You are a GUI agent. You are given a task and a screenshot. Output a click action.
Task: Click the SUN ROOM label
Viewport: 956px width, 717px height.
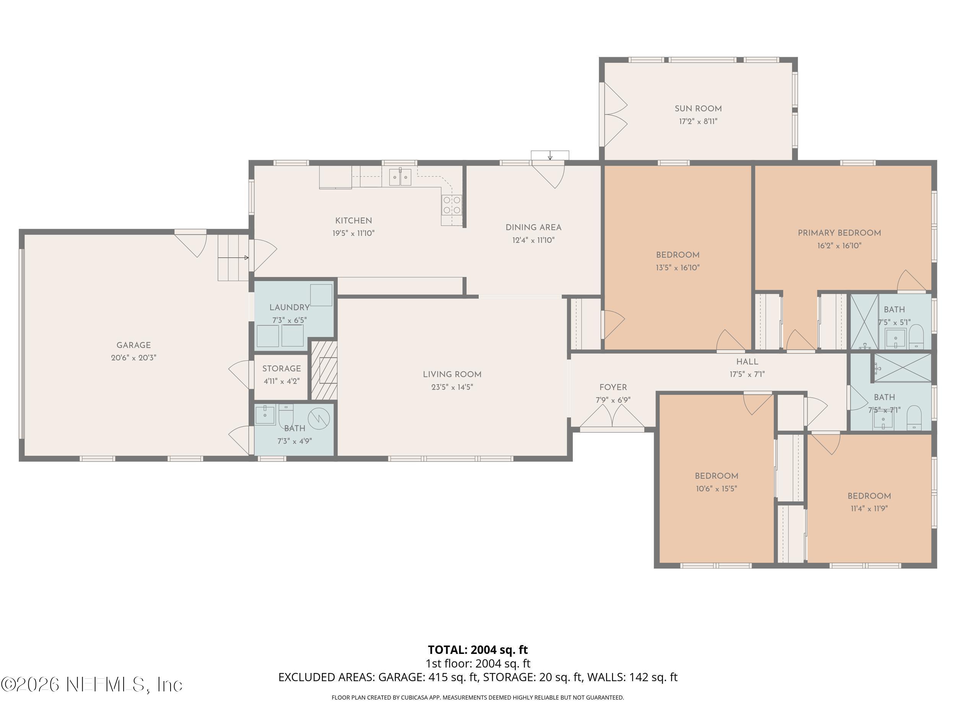pyautogui.click(x=698, y=109)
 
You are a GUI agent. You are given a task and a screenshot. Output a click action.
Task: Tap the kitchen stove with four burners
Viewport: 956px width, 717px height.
pyautogui.click(x=452, y=205)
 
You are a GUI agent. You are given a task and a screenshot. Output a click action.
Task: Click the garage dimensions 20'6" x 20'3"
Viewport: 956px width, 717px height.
pyautogui.click(x=133, y=358)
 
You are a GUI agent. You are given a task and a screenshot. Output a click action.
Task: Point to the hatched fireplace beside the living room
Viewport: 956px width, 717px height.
pyautogui.click(x=325, y=371)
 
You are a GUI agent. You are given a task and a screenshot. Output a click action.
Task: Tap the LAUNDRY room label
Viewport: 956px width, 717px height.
pyautogui.click(x=289, y=307)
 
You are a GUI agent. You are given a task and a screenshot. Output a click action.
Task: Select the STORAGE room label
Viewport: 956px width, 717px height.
pyautogui.click(x=281, y=369)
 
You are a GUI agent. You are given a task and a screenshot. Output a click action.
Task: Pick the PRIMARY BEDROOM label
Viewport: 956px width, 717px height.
pyautogui.click(x=839, y=233)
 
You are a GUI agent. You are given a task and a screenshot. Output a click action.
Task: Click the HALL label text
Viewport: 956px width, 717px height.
pyautogui.click(x=747, y=362)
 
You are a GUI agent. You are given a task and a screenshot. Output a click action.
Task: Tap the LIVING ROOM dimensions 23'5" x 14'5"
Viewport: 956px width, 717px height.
pyautogui.click(x=452, y=387)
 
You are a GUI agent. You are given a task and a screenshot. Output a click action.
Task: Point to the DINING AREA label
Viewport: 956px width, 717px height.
pyautogui.click(x=533, y=227)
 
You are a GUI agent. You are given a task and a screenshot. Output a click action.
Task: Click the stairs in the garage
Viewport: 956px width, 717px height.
pyautogui.click(x=233, y=258)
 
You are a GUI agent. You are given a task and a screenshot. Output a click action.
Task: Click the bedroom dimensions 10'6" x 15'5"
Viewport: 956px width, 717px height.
pyautogui.click(x=716, y=489)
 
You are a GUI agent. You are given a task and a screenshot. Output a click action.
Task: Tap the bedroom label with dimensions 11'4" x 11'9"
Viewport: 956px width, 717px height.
pyautogui.click(x=869, y=496)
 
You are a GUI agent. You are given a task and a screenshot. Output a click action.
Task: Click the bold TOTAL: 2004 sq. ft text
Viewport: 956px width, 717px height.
pyautogui.click(x=478, y=650)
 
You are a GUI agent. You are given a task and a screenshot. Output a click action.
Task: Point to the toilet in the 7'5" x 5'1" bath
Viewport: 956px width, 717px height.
pyautogui.click(x=916, y=337)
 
